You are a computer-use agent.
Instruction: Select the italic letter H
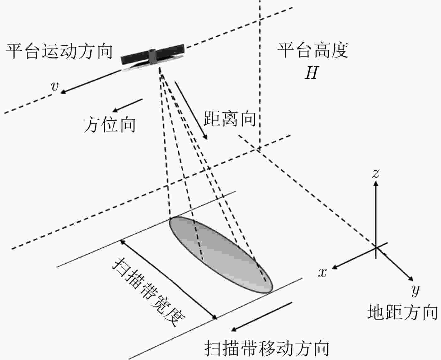point(312,72)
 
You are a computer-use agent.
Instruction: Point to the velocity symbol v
point(55,86)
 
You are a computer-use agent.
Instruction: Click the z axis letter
point(376,174)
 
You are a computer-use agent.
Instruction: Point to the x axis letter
point(322,272)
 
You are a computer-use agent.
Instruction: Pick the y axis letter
point(415,290)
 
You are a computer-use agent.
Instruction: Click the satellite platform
point(153,56)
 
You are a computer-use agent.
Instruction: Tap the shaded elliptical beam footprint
point(221,255)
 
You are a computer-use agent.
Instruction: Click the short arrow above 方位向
point(127,105)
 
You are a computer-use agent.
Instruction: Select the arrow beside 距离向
point(191,111)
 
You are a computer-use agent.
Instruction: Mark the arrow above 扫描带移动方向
point(261,317)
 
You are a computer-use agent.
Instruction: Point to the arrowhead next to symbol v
point(63,92)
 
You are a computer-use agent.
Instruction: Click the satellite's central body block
point(153,56)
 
